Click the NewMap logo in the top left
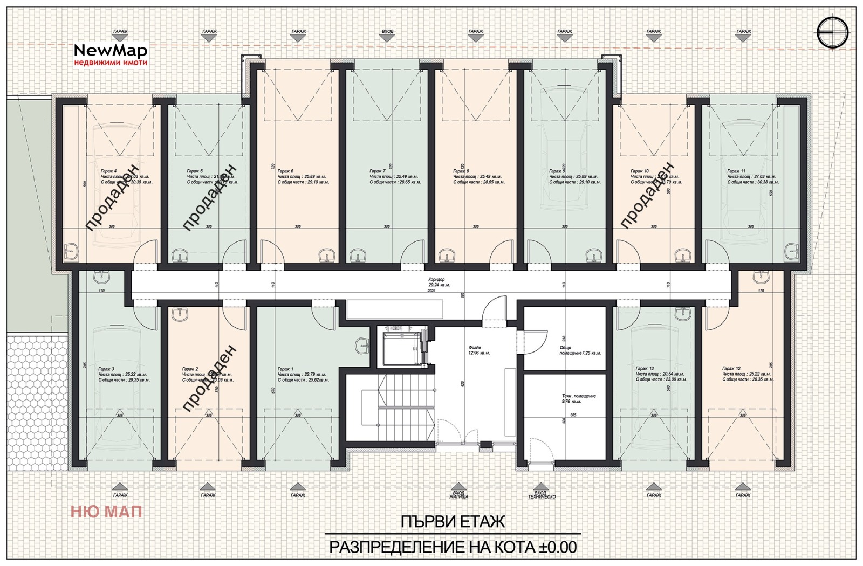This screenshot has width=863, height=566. (x=110, y=54)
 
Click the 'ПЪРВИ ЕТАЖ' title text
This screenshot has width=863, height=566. (x=453, y=522)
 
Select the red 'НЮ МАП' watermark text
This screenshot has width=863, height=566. (x=106, y=511)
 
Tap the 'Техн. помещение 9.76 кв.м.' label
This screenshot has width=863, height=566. (x=578, y=398)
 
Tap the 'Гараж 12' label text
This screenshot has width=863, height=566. (x=731, y=369)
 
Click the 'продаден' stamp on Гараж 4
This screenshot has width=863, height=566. (x=115, y=196)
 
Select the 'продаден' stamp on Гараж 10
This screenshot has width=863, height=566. (x=647, y=195)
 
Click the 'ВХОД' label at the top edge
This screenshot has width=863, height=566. (x=387, y=32)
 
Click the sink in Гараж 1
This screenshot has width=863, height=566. (x=362, y=344)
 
